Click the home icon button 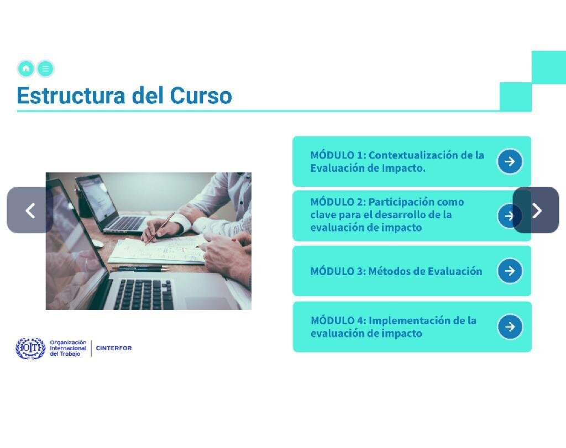point(26,68)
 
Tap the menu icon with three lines point(45,68)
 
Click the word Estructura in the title point(71,96)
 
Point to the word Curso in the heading point(201,96)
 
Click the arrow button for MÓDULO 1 point(510,161)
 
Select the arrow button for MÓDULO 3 point(510,271)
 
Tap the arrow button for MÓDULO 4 point(510,327)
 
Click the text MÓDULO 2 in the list point(338,202)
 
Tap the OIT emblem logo point(30,349)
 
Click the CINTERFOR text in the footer point(114,348)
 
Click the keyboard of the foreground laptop point(144,294)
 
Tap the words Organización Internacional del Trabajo point(68,348)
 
